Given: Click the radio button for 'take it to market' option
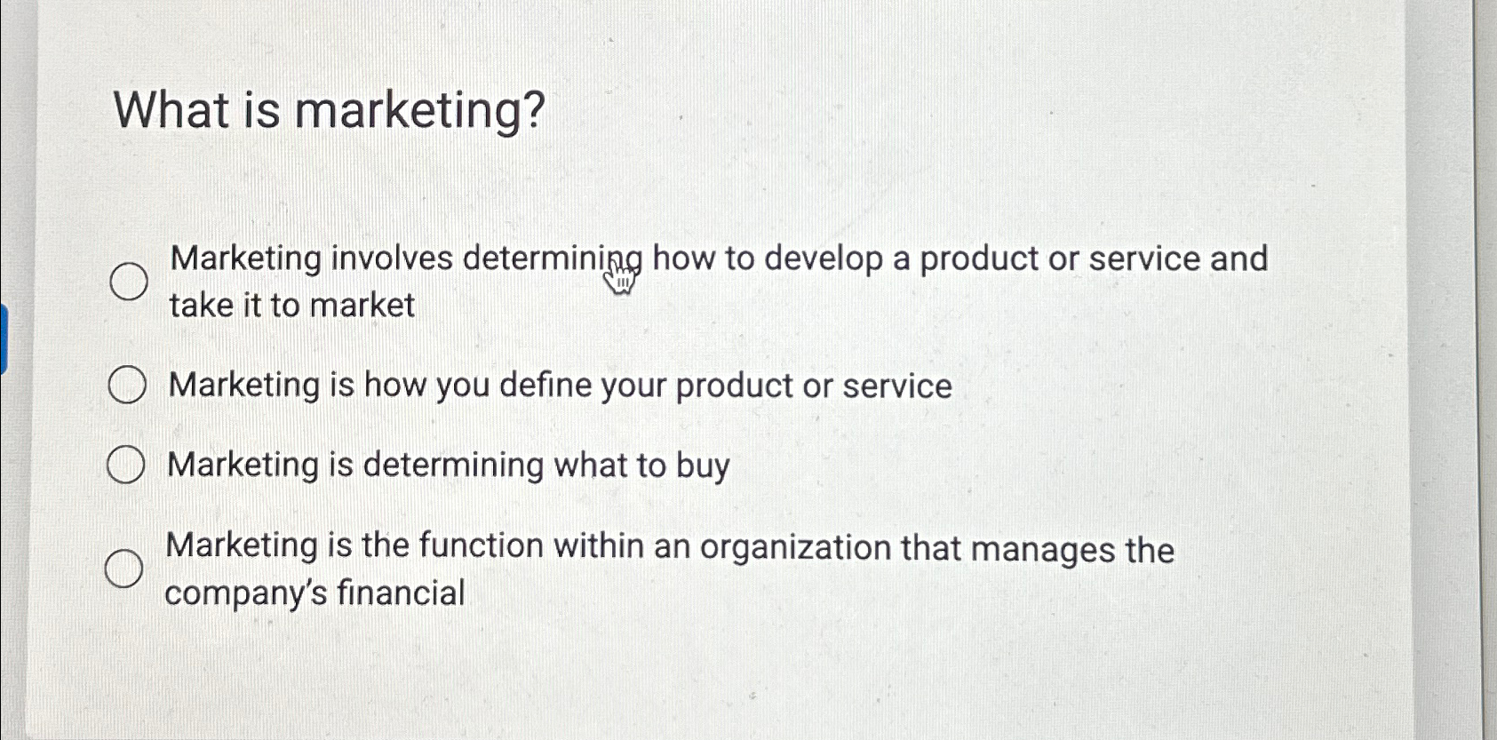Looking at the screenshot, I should point(129,282).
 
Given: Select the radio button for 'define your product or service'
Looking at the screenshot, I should point(127,386).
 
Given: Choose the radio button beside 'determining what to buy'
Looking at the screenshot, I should point(125,465).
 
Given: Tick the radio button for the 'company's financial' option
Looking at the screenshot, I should point(123,569).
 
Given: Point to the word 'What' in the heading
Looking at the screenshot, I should point(171,110).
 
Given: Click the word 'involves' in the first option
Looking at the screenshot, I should point(392,259).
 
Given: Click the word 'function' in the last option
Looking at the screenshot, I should point(481,545).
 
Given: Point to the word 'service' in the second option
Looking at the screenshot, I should point(897,386).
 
